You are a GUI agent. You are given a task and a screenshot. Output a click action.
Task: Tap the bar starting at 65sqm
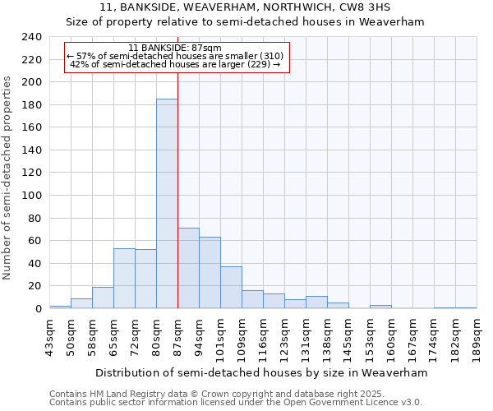click(x=124, y=279)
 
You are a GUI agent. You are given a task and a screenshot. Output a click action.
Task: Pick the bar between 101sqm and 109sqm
click(x=231, y=288)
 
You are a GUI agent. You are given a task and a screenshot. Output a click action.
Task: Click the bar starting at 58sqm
click(x=103, y=298)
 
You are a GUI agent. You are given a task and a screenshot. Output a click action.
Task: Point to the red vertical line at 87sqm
click(x=177, y=189)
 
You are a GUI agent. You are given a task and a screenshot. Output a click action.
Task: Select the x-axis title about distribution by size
click(x=261, y=372)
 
